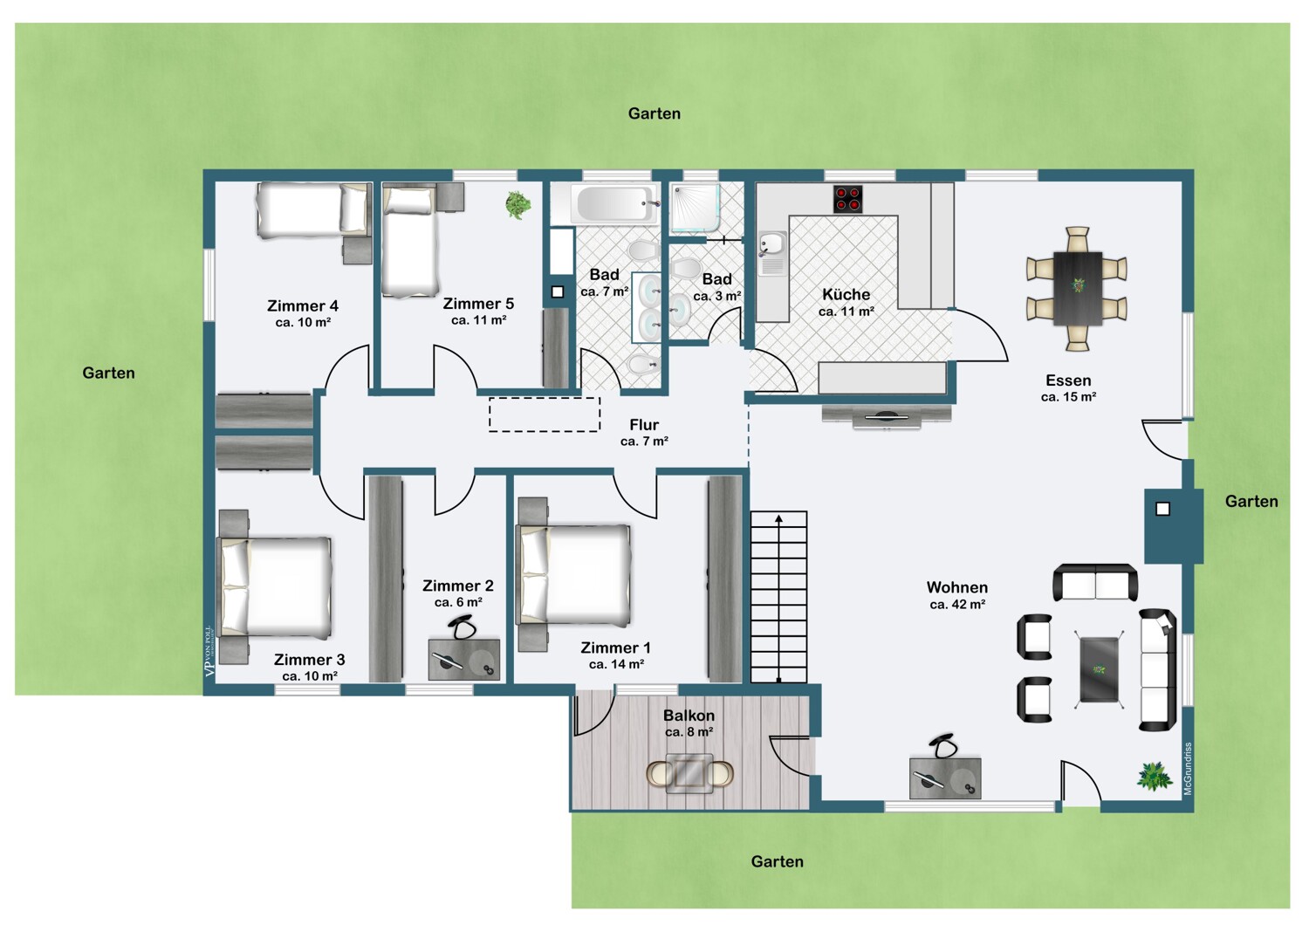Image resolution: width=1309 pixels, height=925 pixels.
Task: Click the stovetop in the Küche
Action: pos(848,199)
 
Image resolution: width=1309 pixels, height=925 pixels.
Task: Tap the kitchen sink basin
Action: pos(772,243)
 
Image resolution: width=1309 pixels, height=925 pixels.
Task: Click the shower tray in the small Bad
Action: pos(693,207)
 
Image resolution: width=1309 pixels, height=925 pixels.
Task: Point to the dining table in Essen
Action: pos(1078,289)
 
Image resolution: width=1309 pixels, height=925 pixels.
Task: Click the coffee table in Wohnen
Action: pos(1100,669)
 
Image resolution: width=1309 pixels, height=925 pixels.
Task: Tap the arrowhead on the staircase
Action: pos(779,518)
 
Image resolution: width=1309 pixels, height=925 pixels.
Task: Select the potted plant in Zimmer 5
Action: pos(517,205)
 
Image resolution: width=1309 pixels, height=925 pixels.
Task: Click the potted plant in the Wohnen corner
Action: pos(1155,776)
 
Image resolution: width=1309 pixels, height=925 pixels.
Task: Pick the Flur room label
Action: pos(644,425)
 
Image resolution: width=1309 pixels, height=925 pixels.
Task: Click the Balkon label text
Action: pos(689,716)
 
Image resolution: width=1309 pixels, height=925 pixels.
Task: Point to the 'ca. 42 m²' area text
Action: pos(957,604)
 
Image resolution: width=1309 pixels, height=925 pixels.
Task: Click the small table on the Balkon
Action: pos(690,774)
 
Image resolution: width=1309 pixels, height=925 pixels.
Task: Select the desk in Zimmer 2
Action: pos(464,659)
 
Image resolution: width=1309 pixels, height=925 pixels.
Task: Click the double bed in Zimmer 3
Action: pos(275,586)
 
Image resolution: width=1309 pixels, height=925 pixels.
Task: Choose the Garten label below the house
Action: pos(778,861)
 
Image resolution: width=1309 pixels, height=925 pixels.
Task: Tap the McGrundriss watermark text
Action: pos(1188,769)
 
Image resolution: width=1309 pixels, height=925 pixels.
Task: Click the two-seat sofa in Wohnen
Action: pos(1095,583)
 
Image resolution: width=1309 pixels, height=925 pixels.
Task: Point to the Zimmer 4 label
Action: pos(303,305)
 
